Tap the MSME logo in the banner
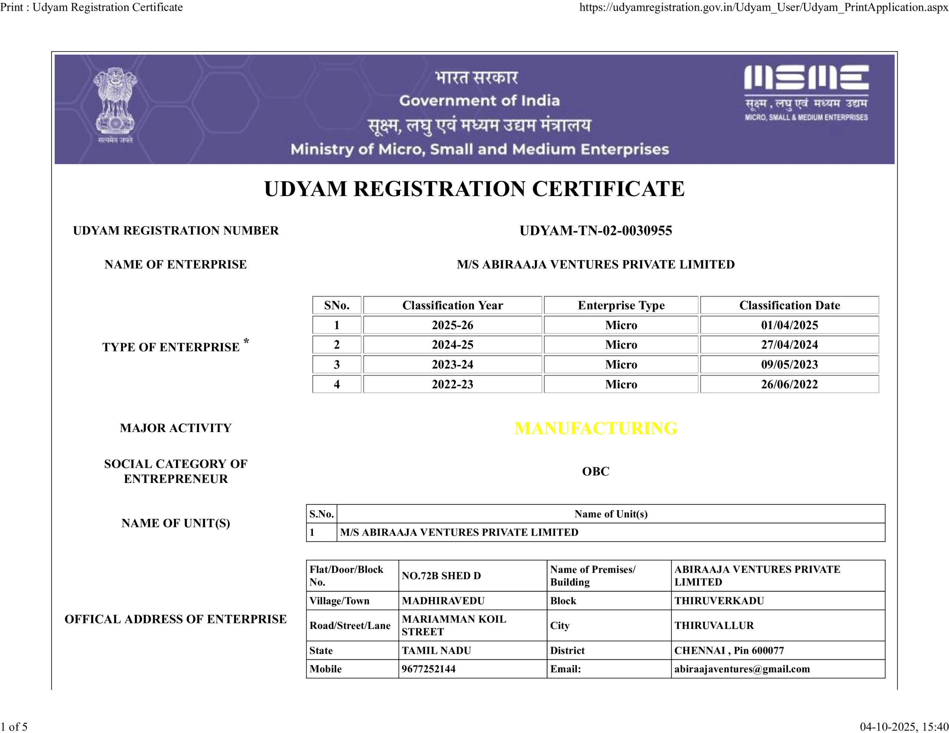coord(806,92)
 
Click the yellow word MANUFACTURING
coord(595,428)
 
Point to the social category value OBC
coord(595,471)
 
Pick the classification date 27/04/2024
coord(789,345)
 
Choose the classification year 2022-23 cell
coord(452,384)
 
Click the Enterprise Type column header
coord(621,305)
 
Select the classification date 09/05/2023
coord(789,365)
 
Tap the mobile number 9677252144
coord(429,669)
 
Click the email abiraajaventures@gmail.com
coord(742,669)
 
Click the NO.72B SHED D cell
coord(441,576)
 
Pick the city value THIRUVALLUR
coord(714,625)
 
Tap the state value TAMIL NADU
coord(436,650)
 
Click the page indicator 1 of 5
coord(14,726)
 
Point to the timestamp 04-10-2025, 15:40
coord(904,726)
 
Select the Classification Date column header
coord(789,305)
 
